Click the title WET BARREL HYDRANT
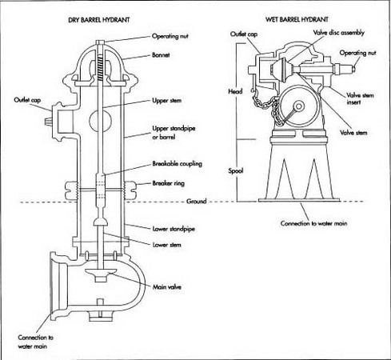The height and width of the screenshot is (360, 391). pyautogui.click(x=292, y=18)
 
